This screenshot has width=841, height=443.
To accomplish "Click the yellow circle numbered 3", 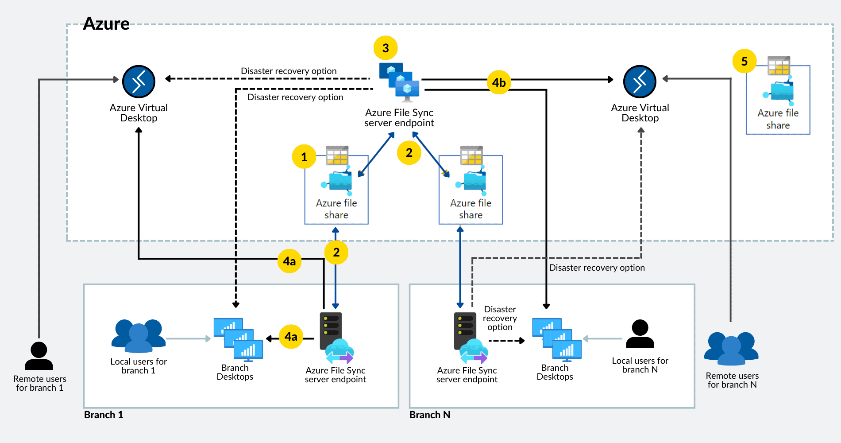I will tap(386, 48).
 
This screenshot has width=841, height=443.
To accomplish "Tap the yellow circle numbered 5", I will tap(745, 61).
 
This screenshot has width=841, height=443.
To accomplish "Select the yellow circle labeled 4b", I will tap(499, 82).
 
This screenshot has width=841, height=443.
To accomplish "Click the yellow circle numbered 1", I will tap(304, 157).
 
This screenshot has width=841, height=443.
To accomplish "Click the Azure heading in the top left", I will tap(106, 23).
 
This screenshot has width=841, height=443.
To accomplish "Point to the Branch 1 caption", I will tap(104, 415).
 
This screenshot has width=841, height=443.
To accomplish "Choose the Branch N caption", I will tap(430, 415).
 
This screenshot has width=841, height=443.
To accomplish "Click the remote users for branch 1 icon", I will tap(39, 356).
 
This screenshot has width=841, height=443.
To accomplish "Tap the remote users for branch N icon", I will tap(731, 348).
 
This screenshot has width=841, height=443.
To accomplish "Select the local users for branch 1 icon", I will tap(139, 335).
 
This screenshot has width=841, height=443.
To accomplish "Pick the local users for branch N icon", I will tap(640, 334).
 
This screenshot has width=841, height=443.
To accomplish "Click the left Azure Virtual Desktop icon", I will tap(139, 82).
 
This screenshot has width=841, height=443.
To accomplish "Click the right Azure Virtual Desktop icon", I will tap(640, 82).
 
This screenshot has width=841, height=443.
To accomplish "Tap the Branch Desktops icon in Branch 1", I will tap(238, 339).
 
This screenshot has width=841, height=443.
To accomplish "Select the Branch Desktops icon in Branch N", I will tap(557, 339).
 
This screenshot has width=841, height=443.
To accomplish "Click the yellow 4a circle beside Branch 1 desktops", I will tap(291, 337).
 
